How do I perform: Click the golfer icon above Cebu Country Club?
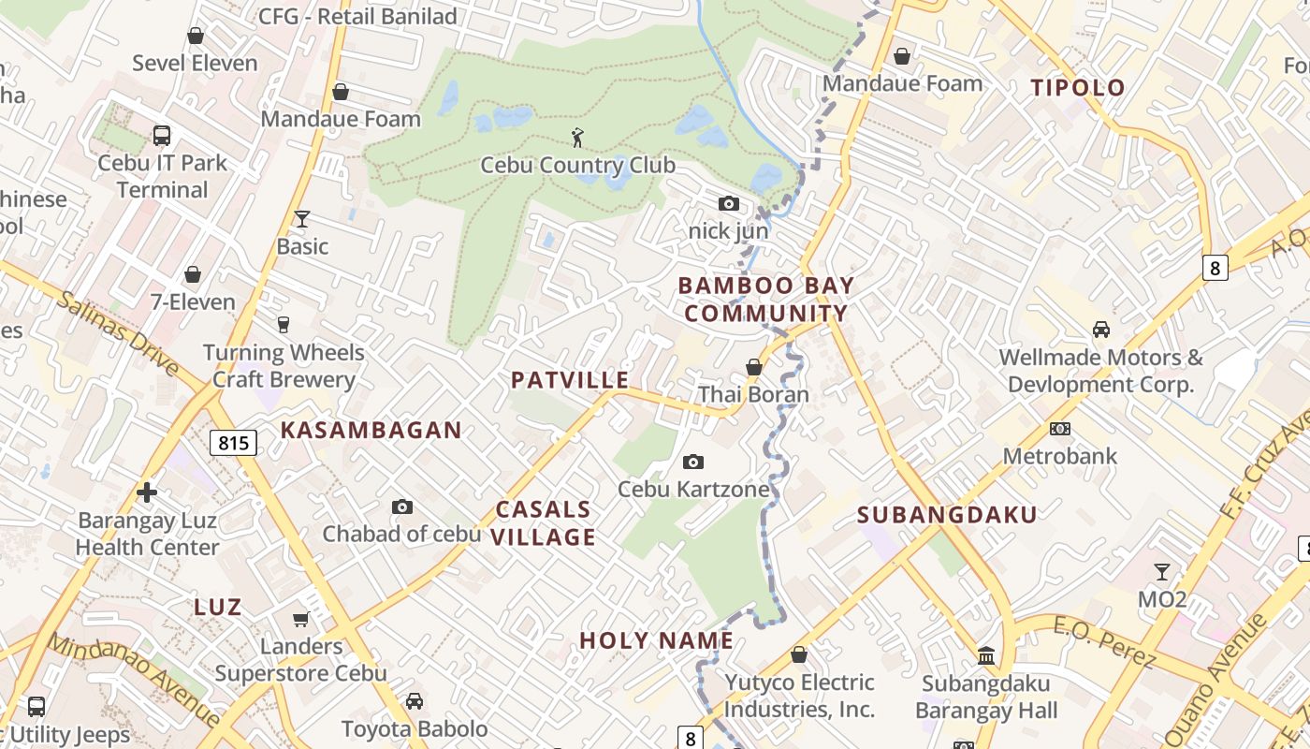point(577,138)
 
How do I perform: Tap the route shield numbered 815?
point(233,442)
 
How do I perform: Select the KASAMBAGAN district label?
point(371,431)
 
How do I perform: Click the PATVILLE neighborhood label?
point(570,380)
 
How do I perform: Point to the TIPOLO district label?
point(1078,88)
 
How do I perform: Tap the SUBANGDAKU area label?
point(947,515)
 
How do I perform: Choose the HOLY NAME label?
point(656,640)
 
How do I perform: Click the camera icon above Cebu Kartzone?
point(693,462)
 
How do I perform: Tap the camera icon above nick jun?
point(728,203)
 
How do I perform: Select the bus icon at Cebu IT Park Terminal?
point(162,136)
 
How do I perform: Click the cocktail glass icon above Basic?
point(301,219)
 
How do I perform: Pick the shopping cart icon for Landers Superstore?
point(300,619)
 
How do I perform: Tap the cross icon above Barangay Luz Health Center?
point(147,492)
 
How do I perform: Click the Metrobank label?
point(1059,456)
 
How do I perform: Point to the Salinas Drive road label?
point(118,331)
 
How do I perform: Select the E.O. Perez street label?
point(1104,642)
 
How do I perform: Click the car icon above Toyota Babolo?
point(414,701)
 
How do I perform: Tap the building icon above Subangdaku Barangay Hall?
point(986,655)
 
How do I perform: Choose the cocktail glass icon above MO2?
point(1161,571)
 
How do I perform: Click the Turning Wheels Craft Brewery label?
point(284,366)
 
